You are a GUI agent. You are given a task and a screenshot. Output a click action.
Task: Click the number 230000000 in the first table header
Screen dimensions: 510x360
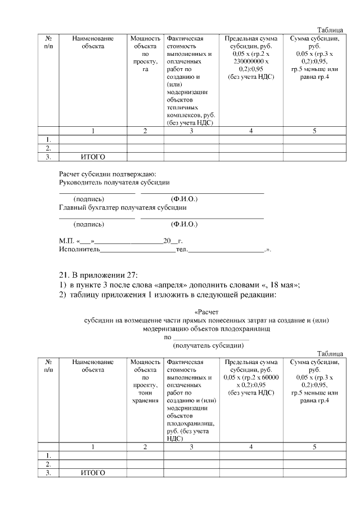[x=246, y=61]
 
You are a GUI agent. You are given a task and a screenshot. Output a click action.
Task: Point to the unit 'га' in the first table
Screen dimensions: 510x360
[x=145, y=69]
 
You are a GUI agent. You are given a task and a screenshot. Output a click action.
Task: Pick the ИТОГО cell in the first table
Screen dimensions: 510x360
[x=93, y=157]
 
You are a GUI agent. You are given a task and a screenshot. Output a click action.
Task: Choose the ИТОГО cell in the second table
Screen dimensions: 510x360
[x=93, y=472]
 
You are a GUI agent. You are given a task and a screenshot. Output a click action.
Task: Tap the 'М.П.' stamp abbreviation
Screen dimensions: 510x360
[x=66, y=241]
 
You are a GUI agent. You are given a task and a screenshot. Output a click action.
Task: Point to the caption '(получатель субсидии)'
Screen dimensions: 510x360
[x=208, y=344]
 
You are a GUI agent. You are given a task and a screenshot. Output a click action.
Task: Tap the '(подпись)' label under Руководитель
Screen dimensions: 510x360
[x=88, y=199]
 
